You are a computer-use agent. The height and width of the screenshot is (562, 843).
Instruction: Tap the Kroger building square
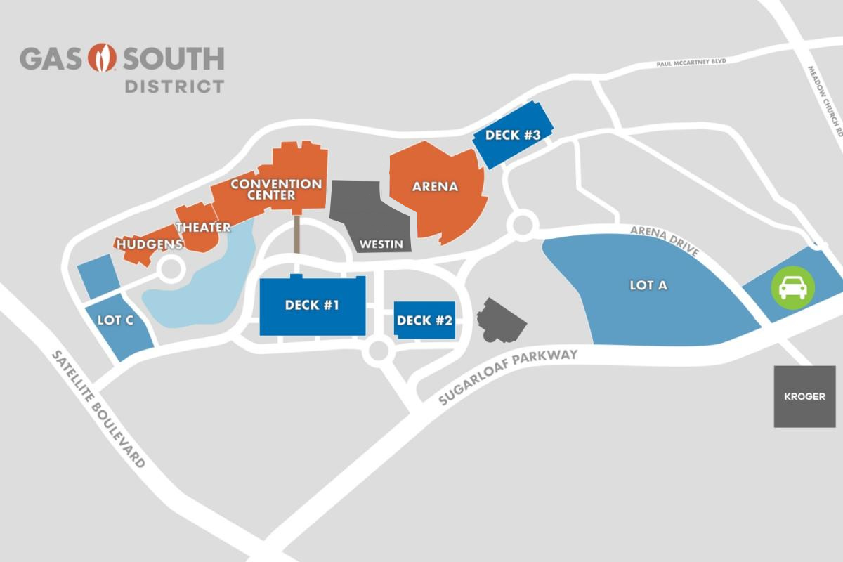804,396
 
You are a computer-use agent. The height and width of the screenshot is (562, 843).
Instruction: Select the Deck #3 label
512,136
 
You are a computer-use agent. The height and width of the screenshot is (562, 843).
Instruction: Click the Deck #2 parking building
424,320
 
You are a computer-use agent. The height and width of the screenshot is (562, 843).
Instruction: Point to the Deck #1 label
313,306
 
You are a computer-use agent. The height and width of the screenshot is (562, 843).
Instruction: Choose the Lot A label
648,285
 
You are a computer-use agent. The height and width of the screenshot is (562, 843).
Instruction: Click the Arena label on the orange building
435,187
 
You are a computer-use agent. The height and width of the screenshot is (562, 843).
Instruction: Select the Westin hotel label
381,245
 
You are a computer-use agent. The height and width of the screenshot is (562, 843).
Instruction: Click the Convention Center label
276,189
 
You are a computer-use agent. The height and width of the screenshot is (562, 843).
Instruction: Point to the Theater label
203,227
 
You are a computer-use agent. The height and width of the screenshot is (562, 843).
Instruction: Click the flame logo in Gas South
105,58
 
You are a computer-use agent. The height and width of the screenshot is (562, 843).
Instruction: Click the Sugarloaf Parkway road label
507,376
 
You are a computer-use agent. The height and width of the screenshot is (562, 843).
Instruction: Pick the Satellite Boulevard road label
99,409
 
